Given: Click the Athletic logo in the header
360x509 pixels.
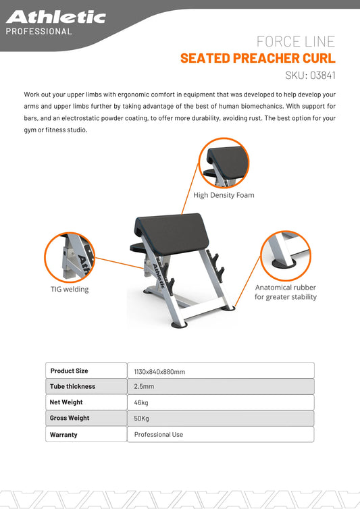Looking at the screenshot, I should pos(55,17).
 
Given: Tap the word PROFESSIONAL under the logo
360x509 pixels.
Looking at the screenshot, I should pos(38,31).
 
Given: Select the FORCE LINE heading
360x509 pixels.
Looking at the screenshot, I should pos(297,41).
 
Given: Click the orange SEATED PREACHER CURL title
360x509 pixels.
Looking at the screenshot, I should pos(257,58).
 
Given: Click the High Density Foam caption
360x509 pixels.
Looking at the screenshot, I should pos(224,195).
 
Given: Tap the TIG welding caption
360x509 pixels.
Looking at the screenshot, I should pos(70,289).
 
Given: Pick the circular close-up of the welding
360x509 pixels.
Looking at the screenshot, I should pos(70,257).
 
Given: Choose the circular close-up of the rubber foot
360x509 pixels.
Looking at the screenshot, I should pos(286,256).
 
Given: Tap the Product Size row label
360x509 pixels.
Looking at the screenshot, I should pos(70,371).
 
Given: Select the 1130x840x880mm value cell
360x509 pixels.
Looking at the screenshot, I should pos(159,371).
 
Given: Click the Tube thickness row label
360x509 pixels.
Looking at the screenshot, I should pos(72,386).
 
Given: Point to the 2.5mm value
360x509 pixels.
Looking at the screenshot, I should pos(144,387).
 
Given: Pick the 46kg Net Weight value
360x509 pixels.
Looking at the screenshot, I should pos(142,402).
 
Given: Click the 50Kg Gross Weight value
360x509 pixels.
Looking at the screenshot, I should pos(142,419).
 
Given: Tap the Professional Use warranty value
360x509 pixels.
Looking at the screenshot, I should pos(158,435).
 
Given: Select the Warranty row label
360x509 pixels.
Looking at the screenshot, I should pos(63,435).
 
